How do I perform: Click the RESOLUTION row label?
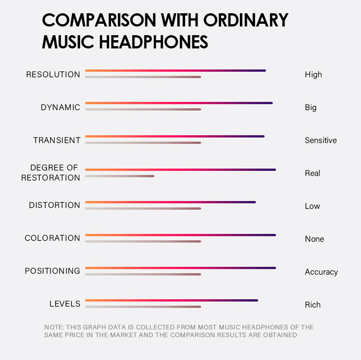click(x=53, y=74)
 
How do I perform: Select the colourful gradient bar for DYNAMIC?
click(x=179, y=103)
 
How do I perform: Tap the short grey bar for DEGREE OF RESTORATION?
click(x=120, y=176)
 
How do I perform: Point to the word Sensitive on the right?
click(x=320, y=140)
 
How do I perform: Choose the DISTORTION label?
click(x=54, y=205)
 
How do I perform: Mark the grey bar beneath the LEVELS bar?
click(x=143, y=307)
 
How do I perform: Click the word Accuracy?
click(x=321, y=272)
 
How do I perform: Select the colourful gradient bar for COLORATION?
click(x=180, y=235)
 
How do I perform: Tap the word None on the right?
click(x=314, y=239)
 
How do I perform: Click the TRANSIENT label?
click(x=57, y=140)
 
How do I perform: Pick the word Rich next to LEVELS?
click(x=313, y=305)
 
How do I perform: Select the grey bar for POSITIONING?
click(x=143, y=274)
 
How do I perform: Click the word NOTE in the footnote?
click(x=53, y=327)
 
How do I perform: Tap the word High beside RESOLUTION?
click(x=313, y=74)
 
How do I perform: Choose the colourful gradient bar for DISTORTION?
click(x=170, y=202)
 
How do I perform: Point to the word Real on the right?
click(x=312, y=173)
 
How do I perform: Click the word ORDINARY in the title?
click(x=246, y=20)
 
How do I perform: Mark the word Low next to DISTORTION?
click(x=312, y=206)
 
